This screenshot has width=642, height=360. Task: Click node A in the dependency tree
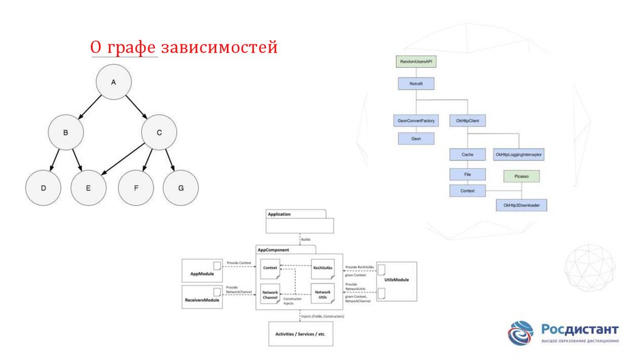pos(113,83)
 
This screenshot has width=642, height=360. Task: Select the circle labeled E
pos(88,188)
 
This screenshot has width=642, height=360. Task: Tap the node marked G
pos(181,188)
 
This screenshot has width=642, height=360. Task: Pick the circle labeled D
pos(43,188)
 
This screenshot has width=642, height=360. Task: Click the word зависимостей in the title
pos(219,48)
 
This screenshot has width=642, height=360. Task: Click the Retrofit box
pos(416,83)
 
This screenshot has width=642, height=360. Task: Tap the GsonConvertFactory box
pos(416,119)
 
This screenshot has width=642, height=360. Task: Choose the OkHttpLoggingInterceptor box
pos(519,154)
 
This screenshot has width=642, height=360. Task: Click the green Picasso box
pos(522,177)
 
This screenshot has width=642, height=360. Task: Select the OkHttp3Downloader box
pos(522,205)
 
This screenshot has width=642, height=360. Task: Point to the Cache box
pos(468,154)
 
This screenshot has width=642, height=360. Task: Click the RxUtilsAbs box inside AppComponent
pos(323,268)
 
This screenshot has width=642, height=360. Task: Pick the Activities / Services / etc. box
pos(301,334)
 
